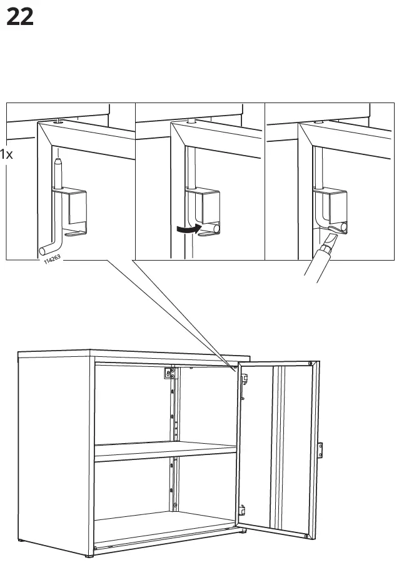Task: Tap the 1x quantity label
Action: tap(6, 154)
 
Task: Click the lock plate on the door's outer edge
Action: tap(321, 449)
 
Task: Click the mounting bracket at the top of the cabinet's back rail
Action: tap(168, 374)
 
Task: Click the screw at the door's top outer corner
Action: tap(310, 364)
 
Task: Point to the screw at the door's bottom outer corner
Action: tap(305, 536)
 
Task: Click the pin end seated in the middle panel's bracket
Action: tap(215, 229)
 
